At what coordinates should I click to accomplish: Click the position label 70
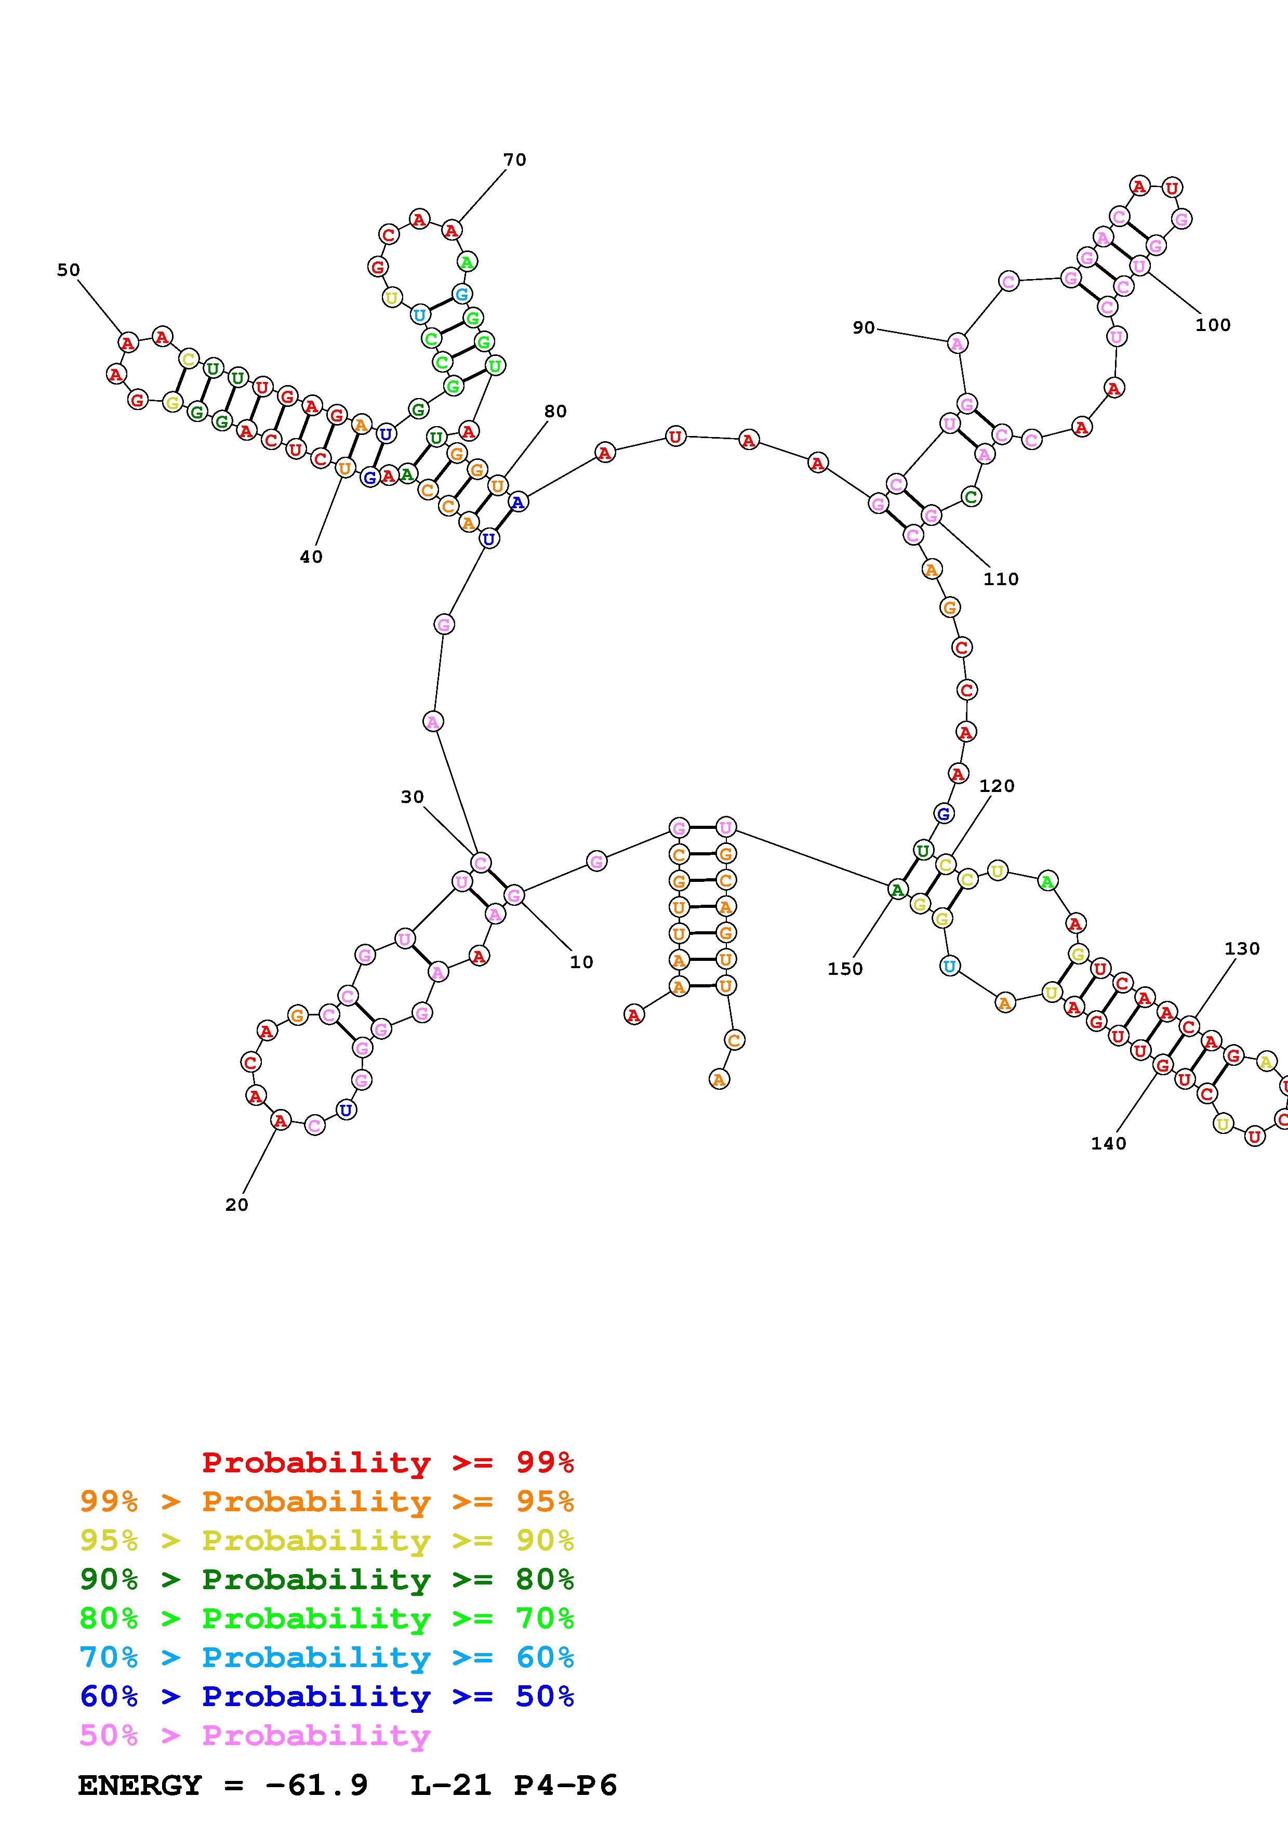click(x=514, y=160)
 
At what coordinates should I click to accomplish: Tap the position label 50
click(x=68, y=270)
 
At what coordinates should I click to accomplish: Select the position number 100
click(x=1213, y=325)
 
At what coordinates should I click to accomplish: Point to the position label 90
click(x=864, y=327)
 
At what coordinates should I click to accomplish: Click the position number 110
click(x=1001, y=579)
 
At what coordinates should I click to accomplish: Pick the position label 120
click(x=997, y=785)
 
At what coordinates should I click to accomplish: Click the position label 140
click(x=1108, y=1143)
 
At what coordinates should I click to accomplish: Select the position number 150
click(x=844, y=969)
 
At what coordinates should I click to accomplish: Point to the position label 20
click(x=236, y=1205)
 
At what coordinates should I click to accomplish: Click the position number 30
click(x=412, y=796)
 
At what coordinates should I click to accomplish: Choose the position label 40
click(x=311, y=557)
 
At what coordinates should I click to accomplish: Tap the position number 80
click(x=555, y=411)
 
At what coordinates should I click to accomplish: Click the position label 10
click(x=581, y=961)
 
